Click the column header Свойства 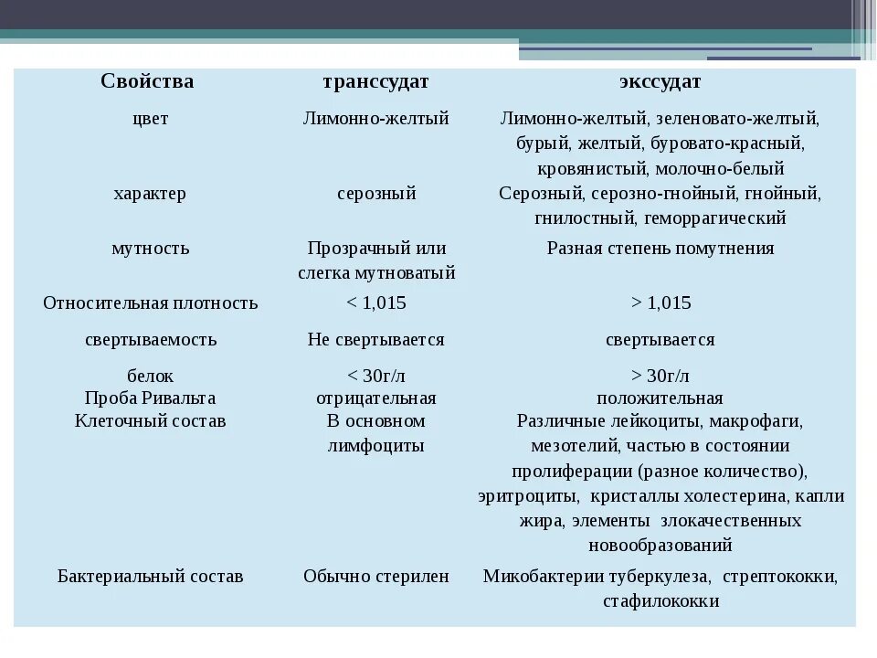[147, 81]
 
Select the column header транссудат [375, 81]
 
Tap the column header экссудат [660, 81]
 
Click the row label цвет [150, 119]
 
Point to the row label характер [150, 193]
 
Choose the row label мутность [150, 248]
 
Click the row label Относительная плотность [150, 302]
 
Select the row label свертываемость [150, 339]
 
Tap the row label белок [150, 376]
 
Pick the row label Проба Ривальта [150, 398]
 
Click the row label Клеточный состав [150, 421]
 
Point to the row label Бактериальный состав [150, 577]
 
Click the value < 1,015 [375, 302]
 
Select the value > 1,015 [660, 302]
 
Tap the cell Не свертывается [375, 339]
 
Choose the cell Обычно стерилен [375, 577]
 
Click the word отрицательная [375, 398]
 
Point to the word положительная [660, 398]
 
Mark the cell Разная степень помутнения [660, 248]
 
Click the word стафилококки [660, 601]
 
